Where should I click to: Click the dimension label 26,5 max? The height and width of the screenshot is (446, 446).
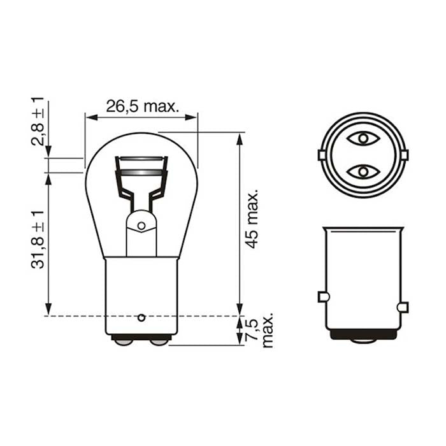click(x=141, y=106)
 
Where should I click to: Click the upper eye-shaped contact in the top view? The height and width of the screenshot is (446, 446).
click(x=363, y=138)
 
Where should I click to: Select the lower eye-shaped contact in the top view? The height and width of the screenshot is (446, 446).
click(x=363, y=171)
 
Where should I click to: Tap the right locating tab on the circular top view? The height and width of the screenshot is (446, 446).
click(x=403, y=155)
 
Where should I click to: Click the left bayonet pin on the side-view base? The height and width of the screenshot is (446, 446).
click(x=322, y=296)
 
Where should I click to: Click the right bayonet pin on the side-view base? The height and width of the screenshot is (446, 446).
click(x=402, y=308)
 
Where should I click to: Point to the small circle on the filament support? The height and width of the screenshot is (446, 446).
click(x=141, y=224)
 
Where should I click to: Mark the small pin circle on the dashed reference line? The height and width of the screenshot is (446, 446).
click(x=141, y=316)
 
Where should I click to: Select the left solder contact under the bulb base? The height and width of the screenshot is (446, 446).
click(x=123, y=342)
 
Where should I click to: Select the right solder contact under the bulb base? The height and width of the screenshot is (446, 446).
click(x=159, y=342)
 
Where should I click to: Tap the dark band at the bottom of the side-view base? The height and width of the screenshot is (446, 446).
click(x=363, y=334)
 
